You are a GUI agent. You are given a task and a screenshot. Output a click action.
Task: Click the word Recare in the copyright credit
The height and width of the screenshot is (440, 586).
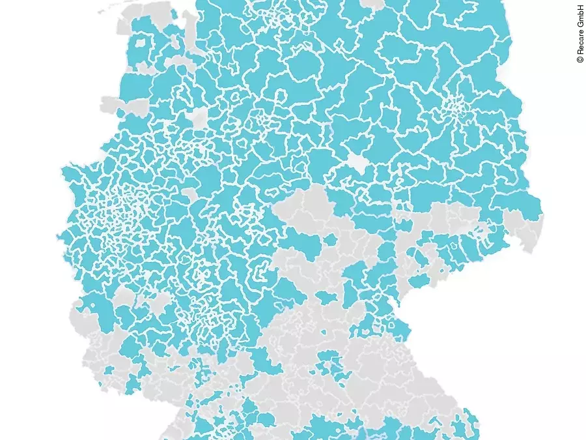click(579, 43)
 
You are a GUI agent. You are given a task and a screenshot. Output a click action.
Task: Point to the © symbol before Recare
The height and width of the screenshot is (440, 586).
click(579, 60)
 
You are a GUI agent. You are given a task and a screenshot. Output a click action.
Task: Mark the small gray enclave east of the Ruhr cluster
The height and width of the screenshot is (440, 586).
click(189, 194)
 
